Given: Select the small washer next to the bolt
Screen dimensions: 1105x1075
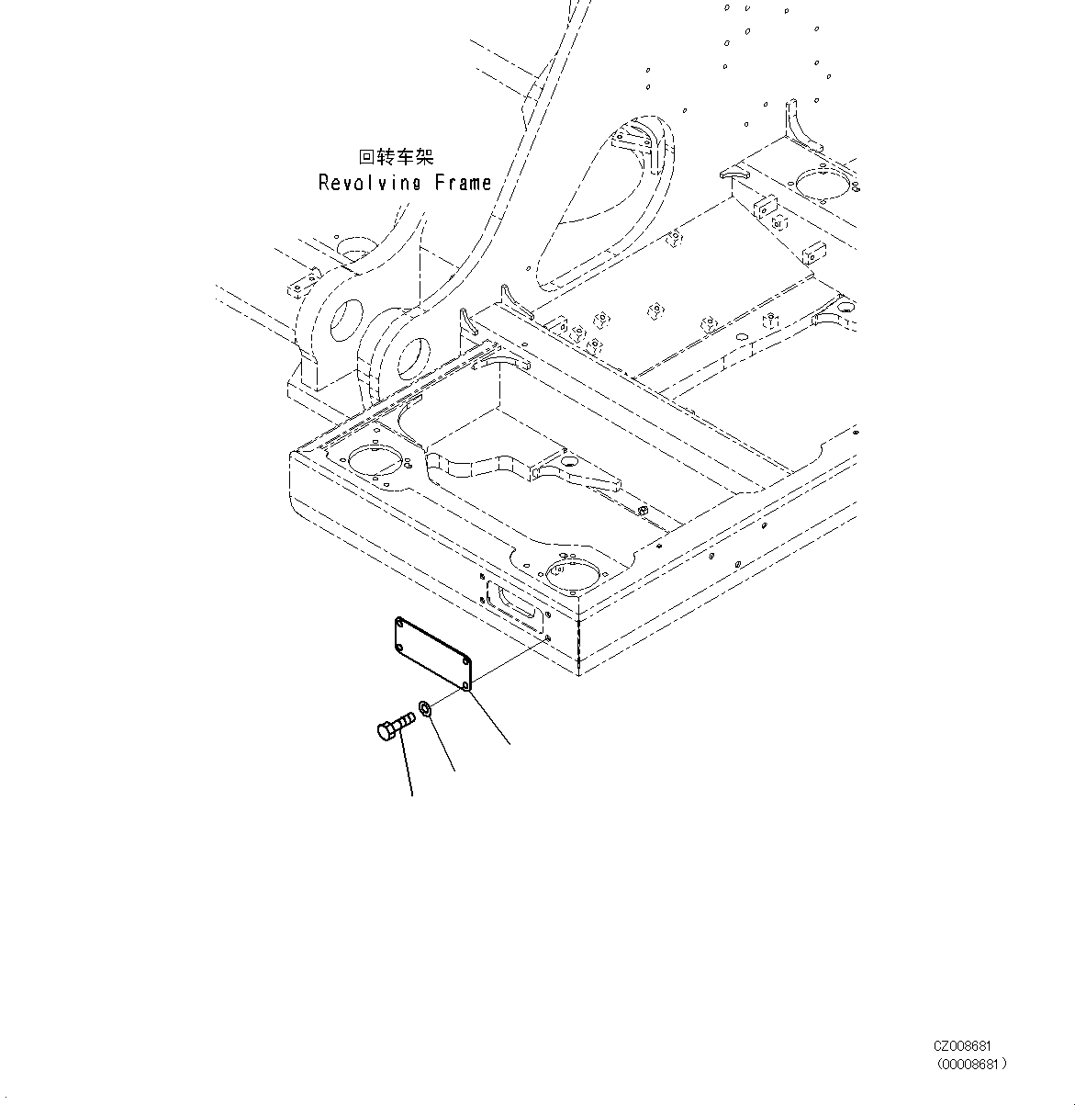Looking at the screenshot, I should tap(426, 708).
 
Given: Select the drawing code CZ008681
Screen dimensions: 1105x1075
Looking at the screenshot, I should tap(963, 1046).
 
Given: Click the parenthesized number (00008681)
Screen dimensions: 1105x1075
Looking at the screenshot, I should tap(971, 1064).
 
